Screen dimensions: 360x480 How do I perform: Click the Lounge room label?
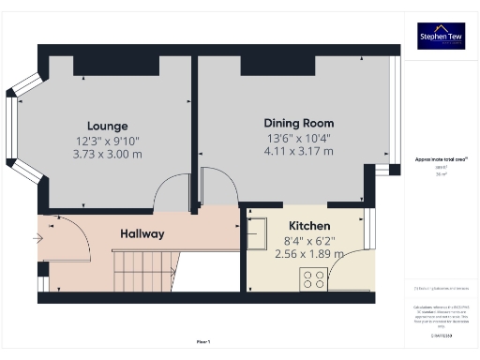pyautogui.click(x=107, y=126)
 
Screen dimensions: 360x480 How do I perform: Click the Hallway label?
pyautogui.click(x=142, y=233)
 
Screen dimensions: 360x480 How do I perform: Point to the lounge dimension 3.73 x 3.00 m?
pyautogui.click(x=107, y=154)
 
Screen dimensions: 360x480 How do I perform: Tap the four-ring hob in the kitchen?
pyautogui.click(x=312, y=278)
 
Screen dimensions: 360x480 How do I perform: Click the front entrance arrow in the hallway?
pyautogui.click(x=37, y=238)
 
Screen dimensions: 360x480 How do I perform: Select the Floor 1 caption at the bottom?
pyautogui.click(x=203, y=341)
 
